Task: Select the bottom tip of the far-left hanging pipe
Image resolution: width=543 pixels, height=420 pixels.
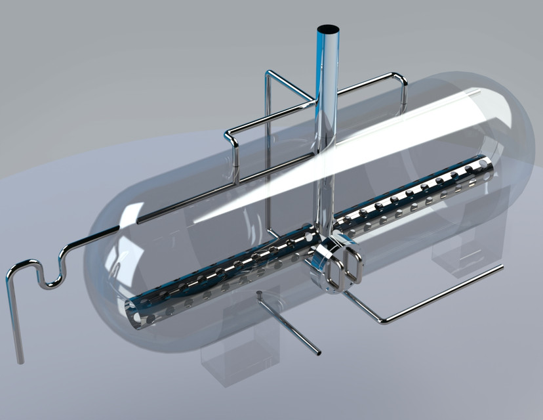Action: pyautogui.click(x=20, y=360)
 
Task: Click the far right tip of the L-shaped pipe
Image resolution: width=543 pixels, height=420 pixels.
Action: pyautogui.click(x=502, y=266)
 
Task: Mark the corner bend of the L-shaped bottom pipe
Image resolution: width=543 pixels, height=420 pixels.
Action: pyautogui.click(x=383, y=322)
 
